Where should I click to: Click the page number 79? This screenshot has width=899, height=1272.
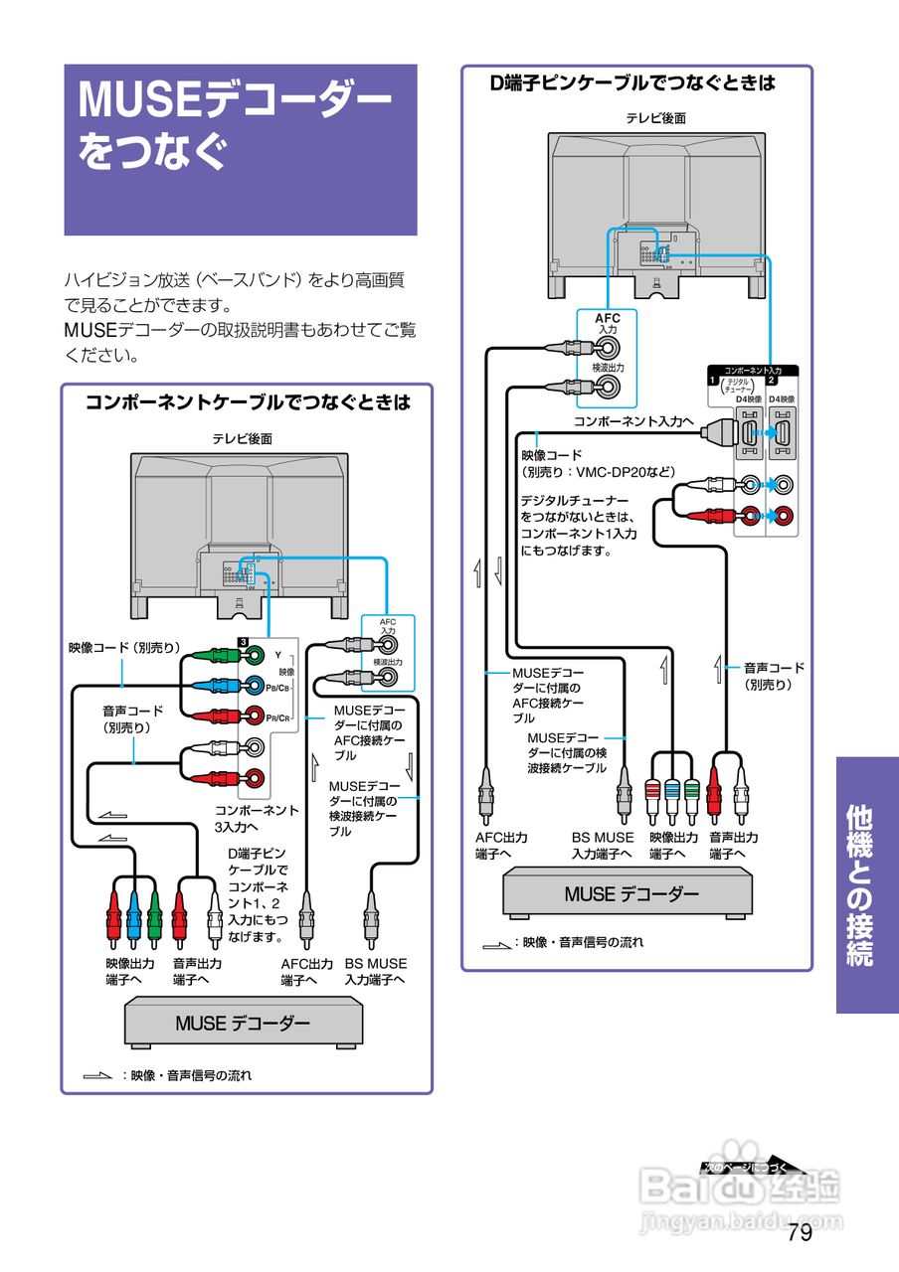click(x=800, y=1233)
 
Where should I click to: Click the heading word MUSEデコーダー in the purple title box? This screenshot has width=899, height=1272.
click(x=235, y=100)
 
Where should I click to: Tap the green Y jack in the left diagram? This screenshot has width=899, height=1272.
click(x=256, y=655)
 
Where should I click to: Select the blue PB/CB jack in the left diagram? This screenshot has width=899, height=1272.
click(x=256, y=686)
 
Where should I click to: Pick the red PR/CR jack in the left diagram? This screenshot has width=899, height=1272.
click(x=256, y=715)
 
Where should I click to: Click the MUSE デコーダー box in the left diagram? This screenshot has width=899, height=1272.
click(x=243, y=1024)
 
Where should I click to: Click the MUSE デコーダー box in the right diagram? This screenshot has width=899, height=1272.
click(x=631, y=893)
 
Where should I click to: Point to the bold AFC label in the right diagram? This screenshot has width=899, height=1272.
click(x=608, y=319)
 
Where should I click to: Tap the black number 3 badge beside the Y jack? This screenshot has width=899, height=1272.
click(x=242, y=641)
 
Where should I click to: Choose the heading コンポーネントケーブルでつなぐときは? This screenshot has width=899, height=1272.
click(x=247, y=402)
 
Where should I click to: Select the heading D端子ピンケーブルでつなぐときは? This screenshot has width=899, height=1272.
click(x=633, y=83)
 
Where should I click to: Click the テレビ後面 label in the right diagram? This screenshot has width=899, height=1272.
click(x=655, y=118)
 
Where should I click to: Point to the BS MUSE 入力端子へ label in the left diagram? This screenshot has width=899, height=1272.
click(x=376, y=972)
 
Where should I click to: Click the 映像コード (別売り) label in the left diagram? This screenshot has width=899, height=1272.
click(x=124, y=648)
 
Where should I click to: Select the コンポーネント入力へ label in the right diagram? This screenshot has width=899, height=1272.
click(x=633, y=421)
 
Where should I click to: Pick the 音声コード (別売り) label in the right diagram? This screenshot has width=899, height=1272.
click(x=774, y=676)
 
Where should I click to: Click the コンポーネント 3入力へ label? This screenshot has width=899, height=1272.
click(x=257, y=818)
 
